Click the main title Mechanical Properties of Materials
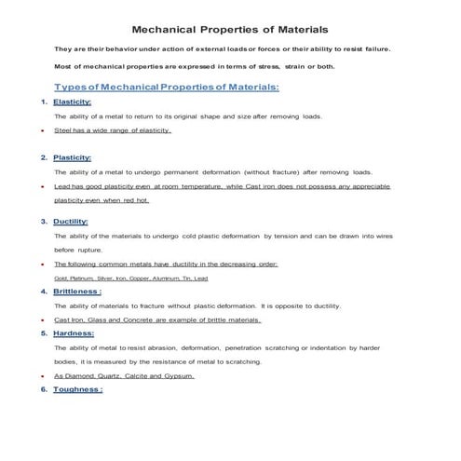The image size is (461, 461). [x=230, y=30]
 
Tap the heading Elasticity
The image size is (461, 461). [x=72, y=102]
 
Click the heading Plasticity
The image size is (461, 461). [x=72, y=157]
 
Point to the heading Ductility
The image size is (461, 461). [x=71, y=222]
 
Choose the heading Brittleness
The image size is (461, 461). [x=77, y=292]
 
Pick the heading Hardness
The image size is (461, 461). [x=74, y=333]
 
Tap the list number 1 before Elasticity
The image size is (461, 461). [x=44, y=102]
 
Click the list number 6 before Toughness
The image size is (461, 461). [x=44, y=389]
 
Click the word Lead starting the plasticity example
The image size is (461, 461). [x=62, y=187]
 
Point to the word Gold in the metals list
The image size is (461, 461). [x=61, y=278]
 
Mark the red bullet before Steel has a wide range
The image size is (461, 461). [x=43, y=131]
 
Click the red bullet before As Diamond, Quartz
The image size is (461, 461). [x=43, y=376]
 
